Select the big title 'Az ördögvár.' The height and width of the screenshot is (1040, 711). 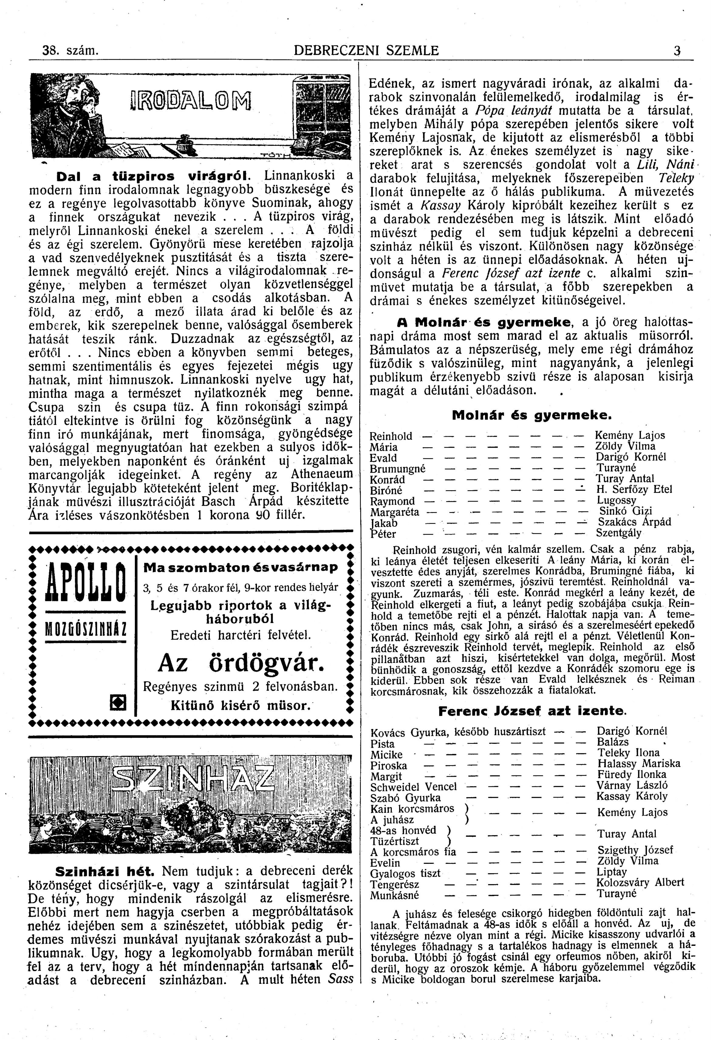coord(241,663)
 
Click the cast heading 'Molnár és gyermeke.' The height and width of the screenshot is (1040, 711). coord(531,415)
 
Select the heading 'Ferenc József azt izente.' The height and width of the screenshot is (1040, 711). coord(532,711)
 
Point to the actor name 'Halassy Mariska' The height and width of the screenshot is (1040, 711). coord(638,763)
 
